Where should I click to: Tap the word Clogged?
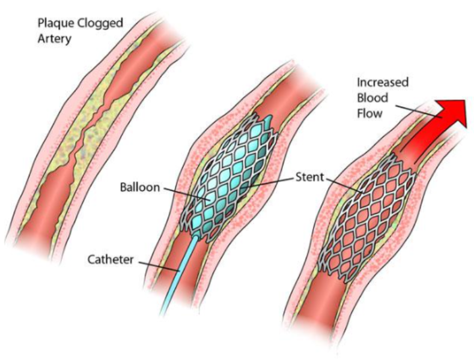pos(101,24)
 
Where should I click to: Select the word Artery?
pos(55,39)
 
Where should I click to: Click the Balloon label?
pos(140,187)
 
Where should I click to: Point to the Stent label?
pos(309,177)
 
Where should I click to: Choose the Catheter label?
pos(111,259)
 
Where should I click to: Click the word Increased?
pos(383,82)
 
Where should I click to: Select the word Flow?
pos(369,113)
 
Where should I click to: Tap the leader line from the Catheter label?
pos(159,266)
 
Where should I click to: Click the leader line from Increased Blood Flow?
pos(419,112)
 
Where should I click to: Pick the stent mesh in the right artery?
pos(366,216)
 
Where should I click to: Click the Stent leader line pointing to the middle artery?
pos(268,183)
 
